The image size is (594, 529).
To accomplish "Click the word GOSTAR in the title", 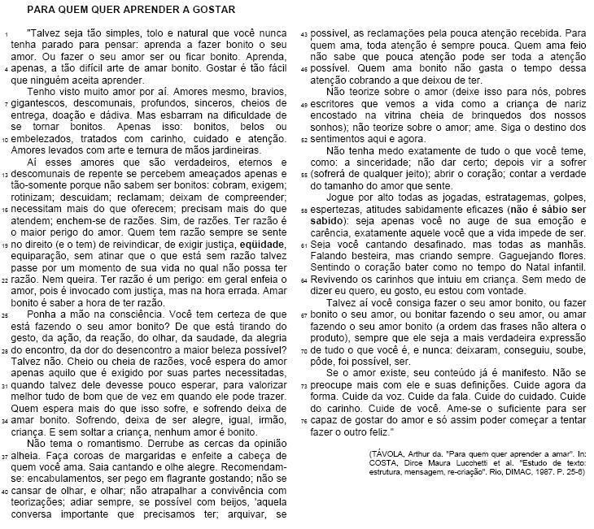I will (215, 10).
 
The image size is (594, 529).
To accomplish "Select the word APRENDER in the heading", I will (142, 10).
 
